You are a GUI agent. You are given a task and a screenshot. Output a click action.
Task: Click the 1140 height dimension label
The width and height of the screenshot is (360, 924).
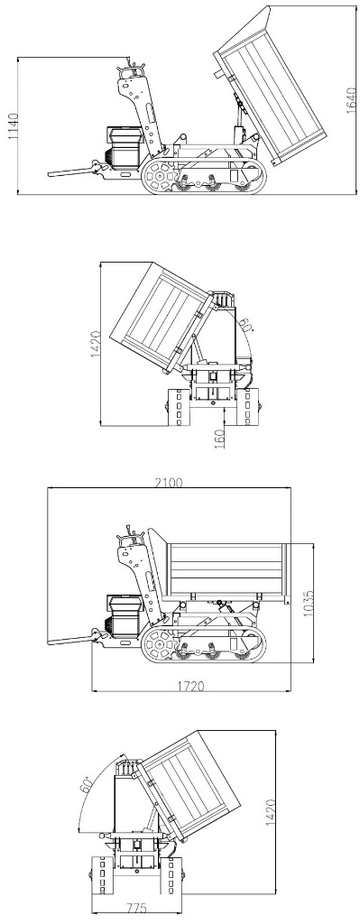coord(13,126)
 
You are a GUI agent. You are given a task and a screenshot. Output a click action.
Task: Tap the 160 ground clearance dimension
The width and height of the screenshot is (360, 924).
coord(220,439)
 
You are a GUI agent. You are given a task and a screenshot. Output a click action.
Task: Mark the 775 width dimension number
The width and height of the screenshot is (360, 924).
coord(136,909)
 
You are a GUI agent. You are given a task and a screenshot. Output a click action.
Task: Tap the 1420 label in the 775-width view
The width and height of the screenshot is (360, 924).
coord(271,813)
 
